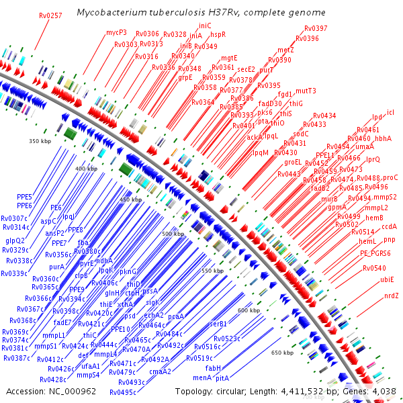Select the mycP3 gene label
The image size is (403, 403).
point(116,32)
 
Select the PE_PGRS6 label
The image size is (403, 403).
point(375,253)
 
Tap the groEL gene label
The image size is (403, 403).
point(294,162)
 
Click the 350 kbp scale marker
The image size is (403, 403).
point(40,141)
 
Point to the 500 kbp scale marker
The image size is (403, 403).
point(173,233)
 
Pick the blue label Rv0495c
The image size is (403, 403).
point(123,392)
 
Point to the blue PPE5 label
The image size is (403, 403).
point(24,196)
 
